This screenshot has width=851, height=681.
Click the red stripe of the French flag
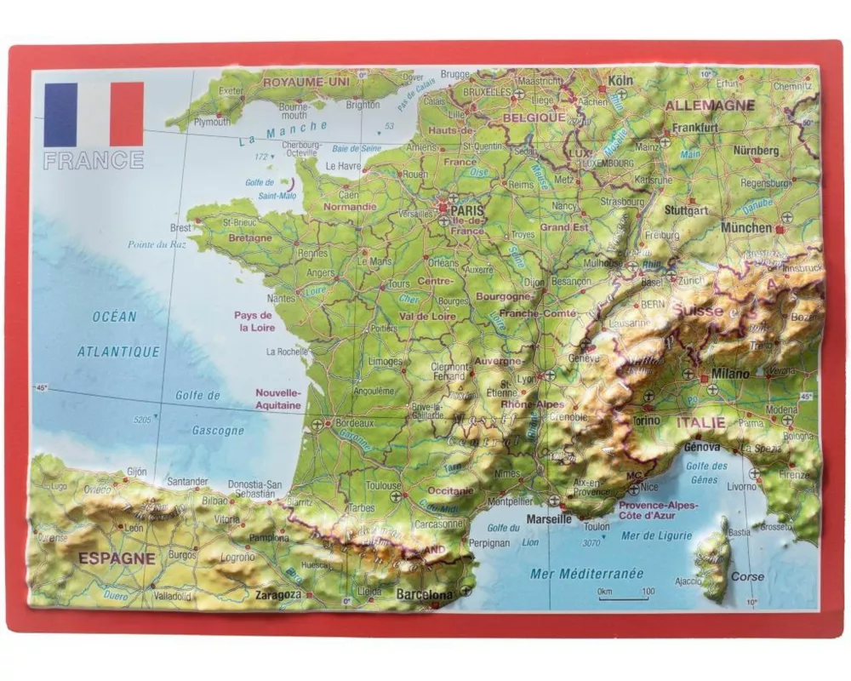[x=127, y=114]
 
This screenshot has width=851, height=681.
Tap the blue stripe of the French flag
[x=60, y=114]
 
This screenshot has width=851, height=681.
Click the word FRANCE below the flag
[x=94, y=160]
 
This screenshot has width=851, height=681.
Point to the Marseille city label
[x=549, y=518]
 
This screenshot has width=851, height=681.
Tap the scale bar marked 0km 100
[x=625, y=598]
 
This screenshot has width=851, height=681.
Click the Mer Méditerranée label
[x=587, y=573]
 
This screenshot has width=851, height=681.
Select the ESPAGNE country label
[x=117, y=559]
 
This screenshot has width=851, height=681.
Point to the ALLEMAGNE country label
[x=710, y=106]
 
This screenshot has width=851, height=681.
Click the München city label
[x=746, y=227]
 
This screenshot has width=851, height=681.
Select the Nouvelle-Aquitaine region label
[x=279, y=399]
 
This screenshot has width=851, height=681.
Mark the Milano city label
[x=731, y=374]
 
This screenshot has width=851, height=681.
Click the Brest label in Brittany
[x=180, y=228]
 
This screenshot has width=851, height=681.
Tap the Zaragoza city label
[x=278, y=594]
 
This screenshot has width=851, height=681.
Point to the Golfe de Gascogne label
[x=208, y=413]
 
